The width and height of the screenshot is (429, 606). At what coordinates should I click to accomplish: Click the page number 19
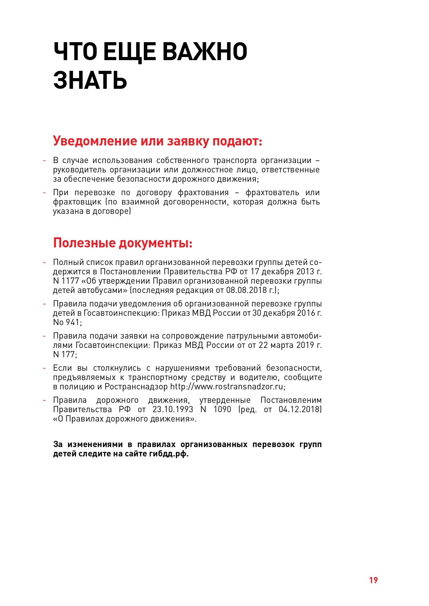pos(373,580)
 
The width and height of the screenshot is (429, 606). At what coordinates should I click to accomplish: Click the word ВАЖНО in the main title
pos(205,52)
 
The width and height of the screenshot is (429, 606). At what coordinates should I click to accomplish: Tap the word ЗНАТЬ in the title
pos(90,80)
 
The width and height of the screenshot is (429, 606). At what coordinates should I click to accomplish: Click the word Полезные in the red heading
pos(84,243)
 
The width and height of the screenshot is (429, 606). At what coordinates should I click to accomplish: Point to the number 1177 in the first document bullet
pos(71,281)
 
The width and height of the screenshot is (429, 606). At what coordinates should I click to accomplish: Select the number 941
pos(73,322)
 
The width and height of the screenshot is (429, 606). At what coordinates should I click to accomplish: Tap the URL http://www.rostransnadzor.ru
pos(227,387)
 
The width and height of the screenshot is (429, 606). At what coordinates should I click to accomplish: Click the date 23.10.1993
pos(172,409)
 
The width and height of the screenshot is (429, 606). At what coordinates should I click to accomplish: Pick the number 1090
pos(222,409)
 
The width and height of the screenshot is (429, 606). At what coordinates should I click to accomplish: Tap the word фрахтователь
pos(272,193)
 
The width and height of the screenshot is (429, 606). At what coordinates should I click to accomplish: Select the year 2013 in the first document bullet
pos(305,272)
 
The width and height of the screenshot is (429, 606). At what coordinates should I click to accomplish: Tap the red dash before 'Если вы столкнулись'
pos(45,368)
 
